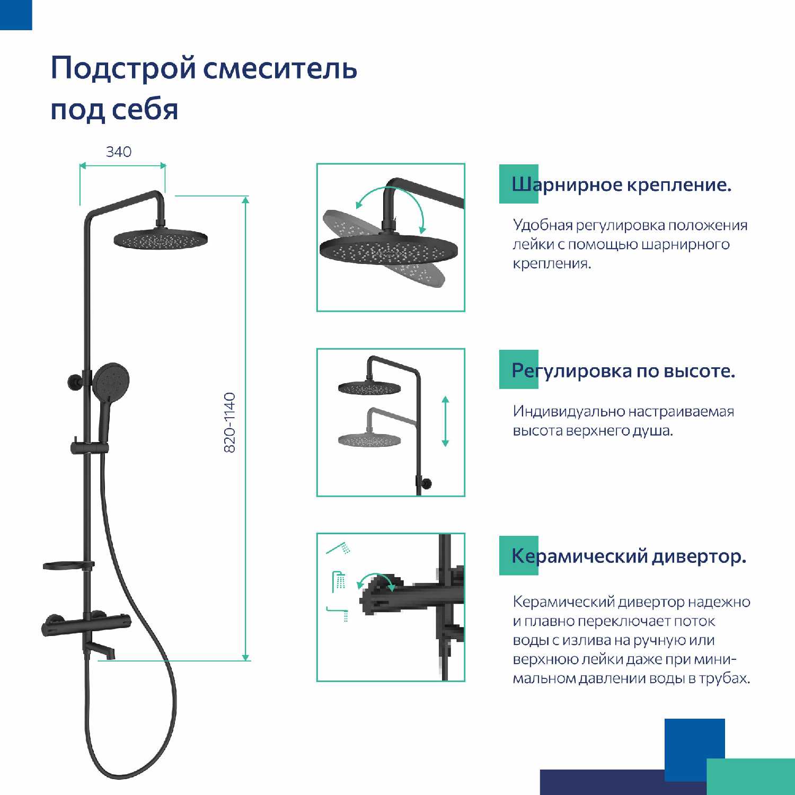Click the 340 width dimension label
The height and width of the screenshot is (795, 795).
click(119, 152)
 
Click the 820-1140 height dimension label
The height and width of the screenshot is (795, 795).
click(229, 422)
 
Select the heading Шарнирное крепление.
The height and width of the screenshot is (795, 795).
click(621, 184)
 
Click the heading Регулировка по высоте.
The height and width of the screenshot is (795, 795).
click(623, 370)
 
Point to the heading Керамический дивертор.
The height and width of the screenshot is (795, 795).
click(629, 556)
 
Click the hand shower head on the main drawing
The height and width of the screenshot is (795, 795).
click(111, 382)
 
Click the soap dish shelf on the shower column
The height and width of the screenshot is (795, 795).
click(68, 566)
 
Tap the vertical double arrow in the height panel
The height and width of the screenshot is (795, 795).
click(445, 421)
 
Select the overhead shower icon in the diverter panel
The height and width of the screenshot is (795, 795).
click(339, 581)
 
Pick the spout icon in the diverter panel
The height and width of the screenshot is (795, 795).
click(338, 613)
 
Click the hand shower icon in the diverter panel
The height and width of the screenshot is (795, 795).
click(338, 549)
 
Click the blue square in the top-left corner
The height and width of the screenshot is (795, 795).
click(16, 15)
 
